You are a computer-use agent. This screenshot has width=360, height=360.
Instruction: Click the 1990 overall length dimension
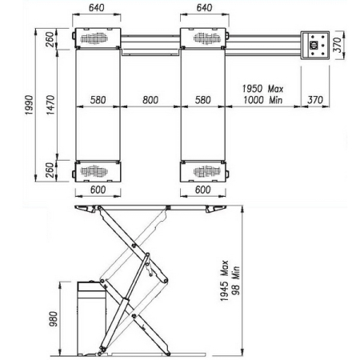click(x=29, y=105)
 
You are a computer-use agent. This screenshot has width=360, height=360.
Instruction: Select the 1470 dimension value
click(x=50, y=105)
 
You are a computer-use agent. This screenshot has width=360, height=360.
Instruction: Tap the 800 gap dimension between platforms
click(x=150, y=100)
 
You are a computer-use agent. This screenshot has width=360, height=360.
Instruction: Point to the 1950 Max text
click(x=262, y=89)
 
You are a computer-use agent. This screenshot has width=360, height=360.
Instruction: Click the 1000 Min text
click(x=262, y=100)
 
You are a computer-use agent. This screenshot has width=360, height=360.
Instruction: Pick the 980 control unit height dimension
click(x=53, y=319)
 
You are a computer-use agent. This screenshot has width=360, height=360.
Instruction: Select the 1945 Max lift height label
click(x=224, y=281)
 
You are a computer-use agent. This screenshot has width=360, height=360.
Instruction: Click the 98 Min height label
click(x=235, y=281)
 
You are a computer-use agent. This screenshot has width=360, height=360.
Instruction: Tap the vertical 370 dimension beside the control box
click(x=338, y=45)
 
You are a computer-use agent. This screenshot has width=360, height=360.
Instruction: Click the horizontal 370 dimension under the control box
click(x=315, y=100)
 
